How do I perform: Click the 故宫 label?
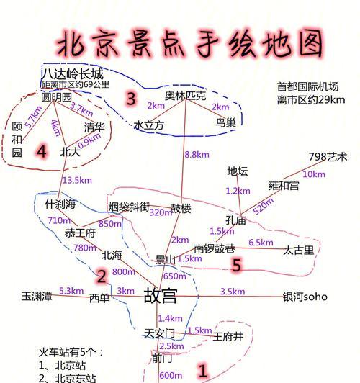161,296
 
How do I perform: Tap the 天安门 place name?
159,333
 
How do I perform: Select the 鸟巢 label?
225,122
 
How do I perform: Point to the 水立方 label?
149,125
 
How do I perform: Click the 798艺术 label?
328,156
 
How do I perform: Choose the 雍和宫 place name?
284,186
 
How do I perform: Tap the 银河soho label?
305,297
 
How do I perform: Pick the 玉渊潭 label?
37,296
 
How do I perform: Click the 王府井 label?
228,337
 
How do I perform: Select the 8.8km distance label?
197,154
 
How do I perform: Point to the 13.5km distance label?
78,180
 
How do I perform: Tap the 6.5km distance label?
261,243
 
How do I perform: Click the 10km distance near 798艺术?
314,174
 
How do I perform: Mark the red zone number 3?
131,99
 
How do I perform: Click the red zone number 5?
236,265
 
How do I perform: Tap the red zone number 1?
203,371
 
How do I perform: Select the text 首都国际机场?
307,86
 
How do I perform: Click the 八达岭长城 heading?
73,73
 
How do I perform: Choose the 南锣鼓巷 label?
215,248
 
